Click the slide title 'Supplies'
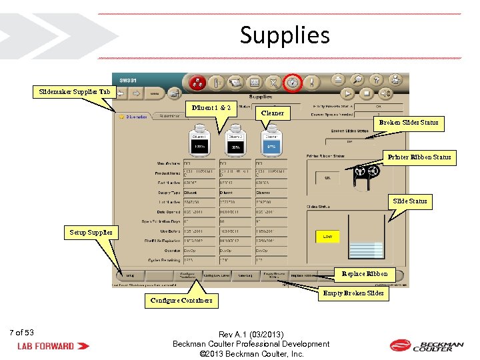pyautogui.click(x=285, y=35)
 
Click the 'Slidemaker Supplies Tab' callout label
pyautogui.click(x=75, y=91)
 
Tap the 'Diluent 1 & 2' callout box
pyautogui.click(x=212, y=107)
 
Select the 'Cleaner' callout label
pyautogui.click(x=272, y=113)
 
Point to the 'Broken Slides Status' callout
pyautogui.click(x=409, y=123)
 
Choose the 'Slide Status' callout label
pyautogui.click(x=410, y=201)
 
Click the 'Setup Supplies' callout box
pyautogui.click(x=92, y=233)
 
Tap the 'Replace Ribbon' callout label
pyautogui.click(x=364, y=273)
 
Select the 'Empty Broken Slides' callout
pyautogui.click(x=353, y=293)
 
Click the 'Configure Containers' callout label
pyautogui.click(x=181, y=300)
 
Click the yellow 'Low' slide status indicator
pyautogui.click(x=327, y=236)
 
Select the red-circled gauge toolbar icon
pyautogui.click(x=292, y=83)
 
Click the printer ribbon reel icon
pyautogui.click(x=367, y=173)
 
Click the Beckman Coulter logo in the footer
pyautogui.click(x=427, y=345)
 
